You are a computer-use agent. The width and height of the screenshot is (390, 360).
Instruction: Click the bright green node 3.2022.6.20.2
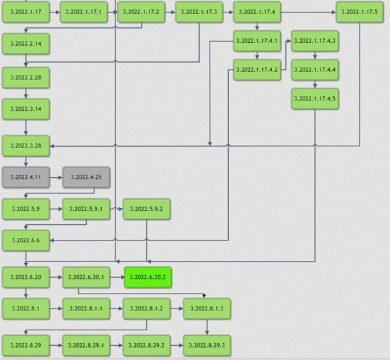[148, 277]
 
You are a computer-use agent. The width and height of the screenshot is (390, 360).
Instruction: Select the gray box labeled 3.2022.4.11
[25, 177]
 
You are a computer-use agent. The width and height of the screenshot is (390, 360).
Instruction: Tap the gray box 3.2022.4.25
[86, 177]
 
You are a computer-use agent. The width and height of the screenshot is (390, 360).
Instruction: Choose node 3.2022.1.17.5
[359, 12]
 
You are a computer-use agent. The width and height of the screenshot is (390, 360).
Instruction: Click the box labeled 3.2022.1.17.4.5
[315, 99]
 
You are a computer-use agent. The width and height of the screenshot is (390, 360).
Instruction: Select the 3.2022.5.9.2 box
[146, 209]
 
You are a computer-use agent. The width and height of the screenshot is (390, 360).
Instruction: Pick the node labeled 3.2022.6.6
[25, 240]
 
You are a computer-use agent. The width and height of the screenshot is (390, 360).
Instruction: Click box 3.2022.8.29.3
[206, 345]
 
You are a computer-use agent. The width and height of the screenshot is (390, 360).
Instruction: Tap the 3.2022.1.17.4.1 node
[257, 41]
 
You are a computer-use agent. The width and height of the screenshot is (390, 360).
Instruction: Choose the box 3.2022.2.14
[25, 44]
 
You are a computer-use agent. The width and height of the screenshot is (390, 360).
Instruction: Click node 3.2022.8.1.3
[206, 308]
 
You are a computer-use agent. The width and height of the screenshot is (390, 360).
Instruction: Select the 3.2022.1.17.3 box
[198, 12]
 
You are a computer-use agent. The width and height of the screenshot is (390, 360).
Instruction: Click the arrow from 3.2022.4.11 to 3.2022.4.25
[55, 177]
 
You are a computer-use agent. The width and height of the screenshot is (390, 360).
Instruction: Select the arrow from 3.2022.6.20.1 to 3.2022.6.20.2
[117, 277]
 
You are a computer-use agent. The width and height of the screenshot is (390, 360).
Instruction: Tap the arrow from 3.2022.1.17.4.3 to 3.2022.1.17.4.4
[315, 55]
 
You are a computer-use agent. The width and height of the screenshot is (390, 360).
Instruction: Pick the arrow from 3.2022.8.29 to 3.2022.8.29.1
[55, 345]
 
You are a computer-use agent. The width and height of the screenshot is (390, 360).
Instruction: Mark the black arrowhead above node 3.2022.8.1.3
[204, 296]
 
